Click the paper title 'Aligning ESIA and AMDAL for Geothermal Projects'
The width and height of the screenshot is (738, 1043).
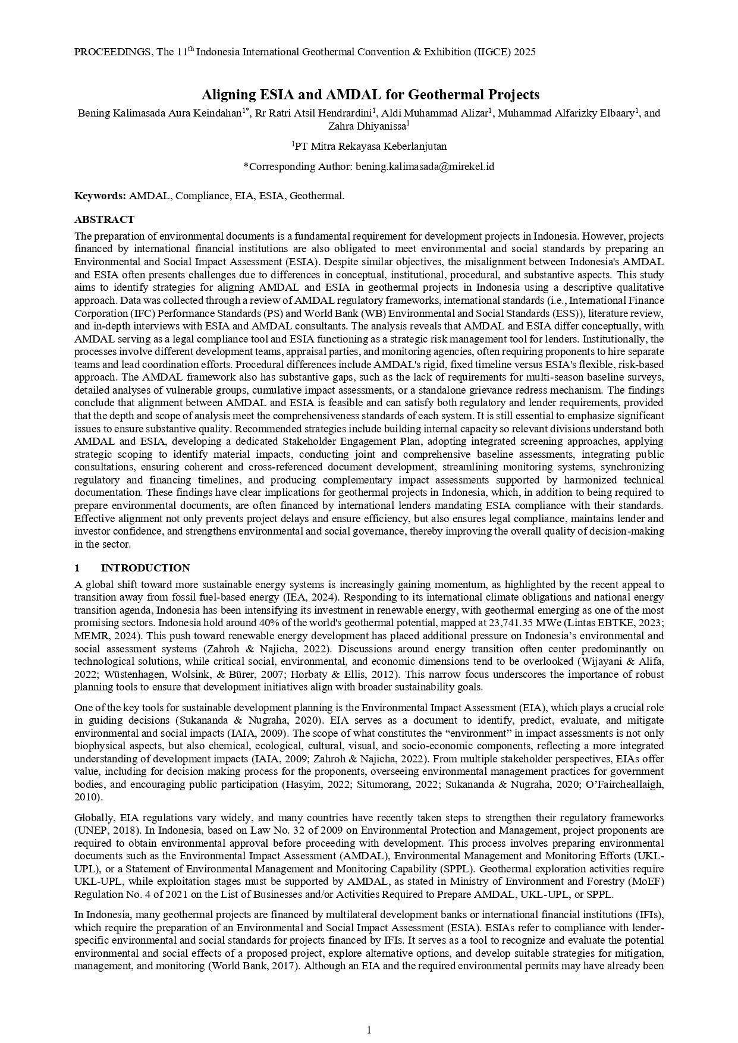pos(370,95)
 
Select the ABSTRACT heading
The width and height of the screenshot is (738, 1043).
pos(104,219)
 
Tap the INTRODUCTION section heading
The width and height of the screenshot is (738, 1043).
pos(145,568)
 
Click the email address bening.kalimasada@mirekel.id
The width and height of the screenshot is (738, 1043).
pos(425,166)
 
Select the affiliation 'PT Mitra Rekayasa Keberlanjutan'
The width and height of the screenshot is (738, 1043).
pos(370,146)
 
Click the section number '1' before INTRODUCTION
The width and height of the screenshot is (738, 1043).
pos(77,568)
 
